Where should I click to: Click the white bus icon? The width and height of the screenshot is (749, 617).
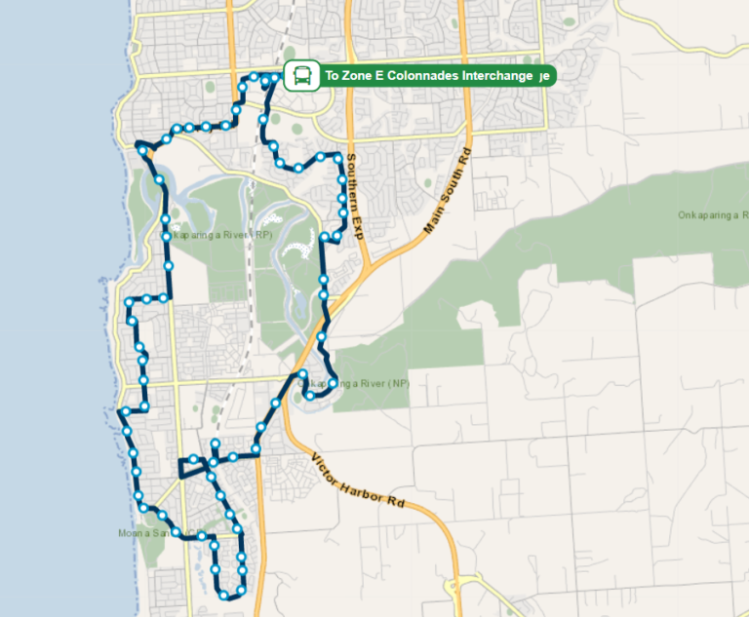tap(302, 75)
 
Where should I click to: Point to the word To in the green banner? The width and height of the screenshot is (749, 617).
tap(333, 76)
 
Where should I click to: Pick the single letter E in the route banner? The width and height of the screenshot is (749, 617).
tap(378, 76)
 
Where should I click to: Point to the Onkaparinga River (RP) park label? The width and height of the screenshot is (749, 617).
tap(218, 235)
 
